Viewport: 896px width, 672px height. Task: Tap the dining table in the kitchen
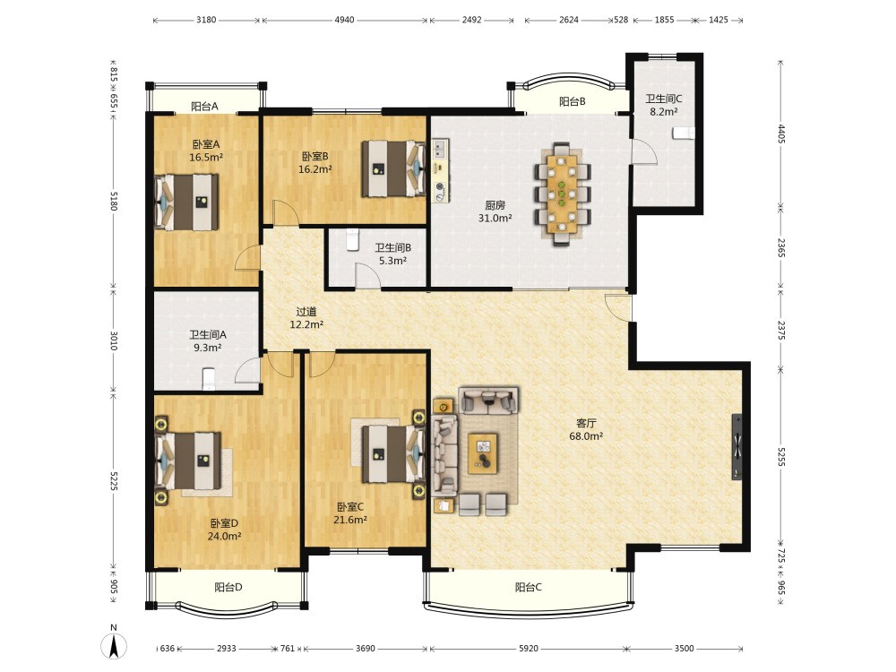click(x=563, y=194)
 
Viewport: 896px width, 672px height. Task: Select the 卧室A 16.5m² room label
click(x=206, y=151)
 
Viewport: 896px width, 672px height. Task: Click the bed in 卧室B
click(x=393, y=169)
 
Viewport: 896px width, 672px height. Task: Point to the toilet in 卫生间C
click(x=684, y=134)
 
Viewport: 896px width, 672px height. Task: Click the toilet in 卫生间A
click(x=209, y=378)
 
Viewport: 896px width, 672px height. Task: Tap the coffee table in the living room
click(x=483, y=453)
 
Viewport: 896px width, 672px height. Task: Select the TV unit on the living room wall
click(x=737, y=447)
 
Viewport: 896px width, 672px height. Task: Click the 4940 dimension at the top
click(x=344, y=20)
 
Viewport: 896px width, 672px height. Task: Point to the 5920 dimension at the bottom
click(x=529, y=649)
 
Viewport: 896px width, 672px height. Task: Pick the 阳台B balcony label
click(x=572, y=102)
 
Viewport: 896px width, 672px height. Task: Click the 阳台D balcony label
click(x=228, y=587)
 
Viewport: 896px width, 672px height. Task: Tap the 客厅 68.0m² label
click(x=586, y=430)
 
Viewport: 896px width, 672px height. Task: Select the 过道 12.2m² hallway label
click(x=306, y=318)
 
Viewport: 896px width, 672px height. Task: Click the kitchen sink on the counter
click(x=439, y=149)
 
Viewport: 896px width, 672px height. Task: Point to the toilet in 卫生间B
click(x=352, y=239)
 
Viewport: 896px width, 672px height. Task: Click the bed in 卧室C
click(x=393, y=453)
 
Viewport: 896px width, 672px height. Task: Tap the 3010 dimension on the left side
click(x=113, y=340)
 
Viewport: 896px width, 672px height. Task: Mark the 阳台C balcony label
click(x=529, y=587)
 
